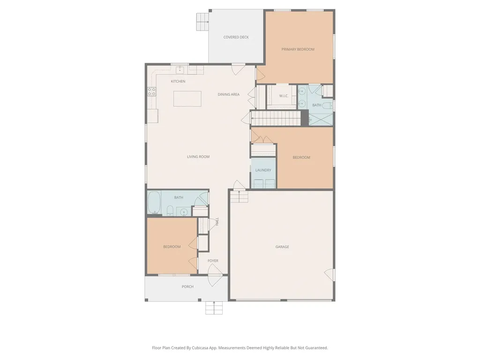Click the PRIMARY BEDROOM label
tap(298, 49)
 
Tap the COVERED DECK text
tap(236, 37)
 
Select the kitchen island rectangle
tap(187, 99)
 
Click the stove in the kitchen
tap(152, 92)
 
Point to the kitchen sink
tap(180, 70)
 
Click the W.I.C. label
tap(284, 96)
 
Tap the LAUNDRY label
tap(263, 170)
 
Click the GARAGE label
tap(282, 247)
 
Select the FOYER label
tap(213, 261)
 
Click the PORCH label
tap(187, 287)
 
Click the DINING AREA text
tap(228, 94)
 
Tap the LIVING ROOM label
tap(198, 157)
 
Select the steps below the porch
tap(214, 307)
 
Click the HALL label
tap(217, 222)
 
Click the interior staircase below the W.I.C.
tap(276, 117)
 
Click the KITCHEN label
tap(178, 82)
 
